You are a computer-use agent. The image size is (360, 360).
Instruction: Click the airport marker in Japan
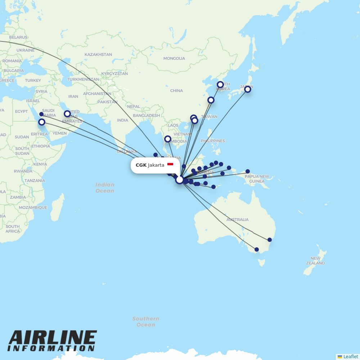click(x=248, y=89)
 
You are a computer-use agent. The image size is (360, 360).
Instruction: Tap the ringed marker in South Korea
click(x=220, y=85)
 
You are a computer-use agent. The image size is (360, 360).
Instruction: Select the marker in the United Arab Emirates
click(x=67, y=114)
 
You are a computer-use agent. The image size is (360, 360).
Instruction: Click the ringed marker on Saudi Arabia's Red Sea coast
click(x=42, y=122)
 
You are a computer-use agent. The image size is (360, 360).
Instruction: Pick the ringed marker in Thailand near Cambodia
click(x=167, y=139)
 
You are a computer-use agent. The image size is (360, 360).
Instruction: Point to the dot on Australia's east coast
click(x=270, y=240)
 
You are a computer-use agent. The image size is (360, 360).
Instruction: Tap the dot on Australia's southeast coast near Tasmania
click(x=257, y=249)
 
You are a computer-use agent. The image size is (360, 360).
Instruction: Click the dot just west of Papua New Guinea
click(x=248, y=171)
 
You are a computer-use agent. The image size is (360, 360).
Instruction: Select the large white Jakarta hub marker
click(x=179, y=180)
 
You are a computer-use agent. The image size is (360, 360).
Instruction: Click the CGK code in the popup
click(x=141, y=165)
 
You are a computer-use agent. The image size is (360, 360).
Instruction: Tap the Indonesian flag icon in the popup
click(x=170, y=165)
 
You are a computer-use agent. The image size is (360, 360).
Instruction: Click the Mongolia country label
click(x=174, y=58)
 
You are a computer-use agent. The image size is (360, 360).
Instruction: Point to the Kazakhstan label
click(x=98, y=55)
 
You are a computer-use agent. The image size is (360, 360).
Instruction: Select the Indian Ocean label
click(x=105, y=188)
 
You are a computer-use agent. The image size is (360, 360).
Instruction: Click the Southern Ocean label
click(x=146, y=321)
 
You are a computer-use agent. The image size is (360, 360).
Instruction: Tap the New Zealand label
click(x=315, y=261)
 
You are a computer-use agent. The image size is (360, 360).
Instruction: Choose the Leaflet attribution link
click(x=350, y=356)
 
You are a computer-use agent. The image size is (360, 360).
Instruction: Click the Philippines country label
click(x=213, y=141)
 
